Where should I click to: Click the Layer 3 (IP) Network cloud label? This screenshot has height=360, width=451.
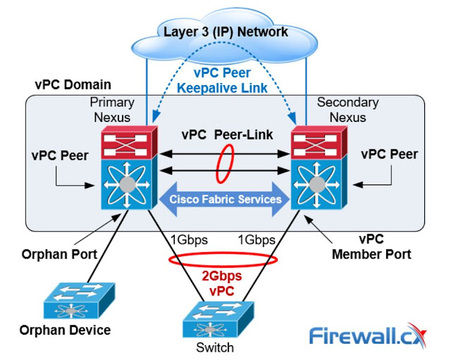[225, 31]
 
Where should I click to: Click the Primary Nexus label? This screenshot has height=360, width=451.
[111, 109]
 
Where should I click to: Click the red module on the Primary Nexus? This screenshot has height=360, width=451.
[127, 142]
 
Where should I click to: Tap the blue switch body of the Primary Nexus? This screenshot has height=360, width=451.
[127, 185]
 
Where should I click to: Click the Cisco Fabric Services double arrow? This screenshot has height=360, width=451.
[224, 199]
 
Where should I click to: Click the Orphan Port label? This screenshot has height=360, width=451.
[56, 254]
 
